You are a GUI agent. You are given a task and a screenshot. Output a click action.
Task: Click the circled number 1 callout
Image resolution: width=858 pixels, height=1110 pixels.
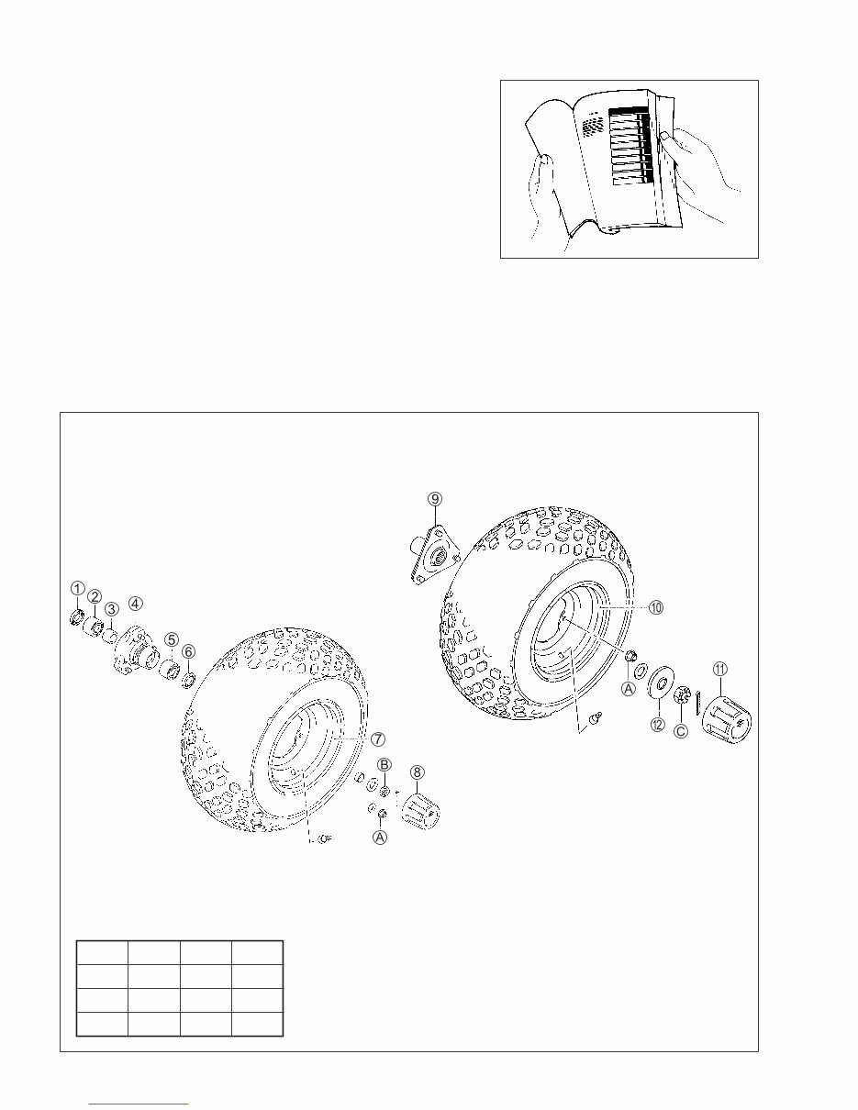pos(78,587)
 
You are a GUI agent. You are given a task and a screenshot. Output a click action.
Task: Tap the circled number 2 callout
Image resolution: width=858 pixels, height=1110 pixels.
pos(95,596)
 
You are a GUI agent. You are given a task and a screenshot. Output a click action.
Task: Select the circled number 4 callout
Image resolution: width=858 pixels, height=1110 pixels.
pos(135,603)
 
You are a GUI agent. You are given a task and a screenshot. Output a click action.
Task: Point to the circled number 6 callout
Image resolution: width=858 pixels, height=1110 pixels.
pos(188,650)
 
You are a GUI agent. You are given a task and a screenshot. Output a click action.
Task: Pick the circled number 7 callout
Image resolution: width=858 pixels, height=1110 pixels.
pos(377,738)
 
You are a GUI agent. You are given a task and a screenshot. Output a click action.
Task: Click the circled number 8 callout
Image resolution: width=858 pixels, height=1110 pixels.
pos(417,772)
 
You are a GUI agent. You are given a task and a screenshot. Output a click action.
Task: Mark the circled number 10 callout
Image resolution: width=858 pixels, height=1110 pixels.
pos(656,607)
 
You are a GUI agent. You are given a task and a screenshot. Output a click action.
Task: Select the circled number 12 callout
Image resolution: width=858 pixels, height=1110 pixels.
pos(657,725)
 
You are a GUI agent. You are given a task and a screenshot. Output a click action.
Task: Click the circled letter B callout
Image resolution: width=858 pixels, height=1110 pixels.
pos(385,764)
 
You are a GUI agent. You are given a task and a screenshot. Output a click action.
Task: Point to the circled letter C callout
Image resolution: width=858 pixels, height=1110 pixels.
pos(681,731)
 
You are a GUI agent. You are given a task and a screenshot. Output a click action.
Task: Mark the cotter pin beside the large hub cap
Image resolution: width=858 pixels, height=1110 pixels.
pos(698,701)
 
